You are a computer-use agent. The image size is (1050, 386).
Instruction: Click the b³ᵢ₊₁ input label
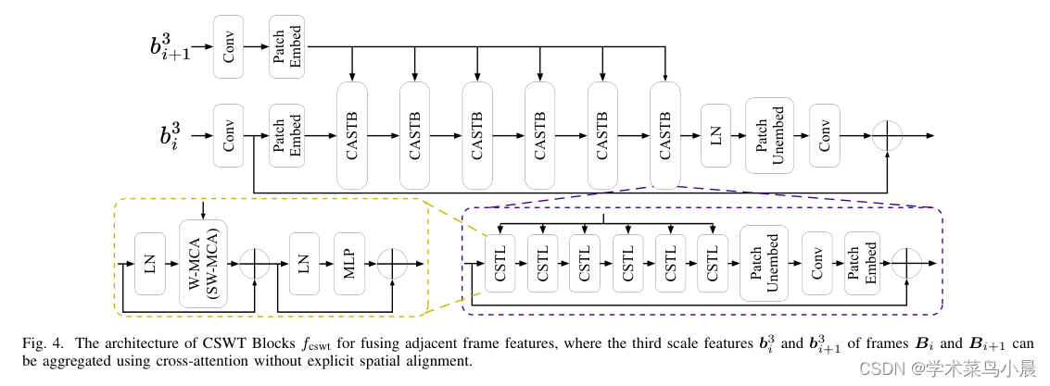[x=170, y=46]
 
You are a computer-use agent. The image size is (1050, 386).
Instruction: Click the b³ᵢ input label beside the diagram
[x=171, y=135]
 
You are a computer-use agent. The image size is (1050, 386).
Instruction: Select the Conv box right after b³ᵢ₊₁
[x=228, y=45]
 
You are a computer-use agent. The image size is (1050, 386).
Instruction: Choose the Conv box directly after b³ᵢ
[x=228, y=135]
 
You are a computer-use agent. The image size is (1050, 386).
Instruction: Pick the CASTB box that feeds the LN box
[x=664, y=135]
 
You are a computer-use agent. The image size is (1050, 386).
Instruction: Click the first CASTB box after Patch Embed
[x=352, y=135]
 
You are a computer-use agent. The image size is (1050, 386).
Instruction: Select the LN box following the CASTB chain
[x=715, y=135]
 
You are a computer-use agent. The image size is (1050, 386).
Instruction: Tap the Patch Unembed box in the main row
[x=769, y=135]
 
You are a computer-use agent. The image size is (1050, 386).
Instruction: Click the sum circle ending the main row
[x=887, y=135]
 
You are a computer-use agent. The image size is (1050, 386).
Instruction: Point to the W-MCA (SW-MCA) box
[x=203, y=264]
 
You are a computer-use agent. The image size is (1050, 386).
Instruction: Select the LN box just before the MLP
[x=304, y=264]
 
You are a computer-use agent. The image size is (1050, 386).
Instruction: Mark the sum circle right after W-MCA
[x=254, y=264]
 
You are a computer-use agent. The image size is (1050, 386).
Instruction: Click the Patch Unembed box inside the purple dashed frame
[x=764, y=264]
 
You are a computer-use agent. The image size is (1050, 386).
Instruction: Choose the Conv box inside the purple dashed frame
[x=817, y=264]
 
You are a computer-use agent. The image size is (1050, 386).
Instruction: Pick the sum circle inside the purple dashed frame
[x=906, y=264]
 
